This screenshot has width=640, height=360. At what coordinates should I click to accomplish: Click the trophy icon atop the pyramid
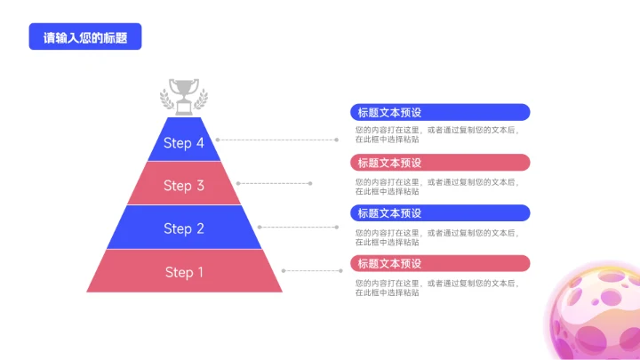click(x=184, y=96)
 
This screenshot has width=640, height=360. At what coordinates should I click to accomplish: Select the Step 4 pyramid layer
click(x=184, y=143)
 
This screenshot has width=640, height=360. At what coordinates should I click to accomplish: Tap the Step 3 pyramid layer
click(x=184, y=185)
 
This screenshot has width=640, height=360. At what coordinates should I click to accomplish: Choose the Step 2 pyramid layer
click(x=184, y=228)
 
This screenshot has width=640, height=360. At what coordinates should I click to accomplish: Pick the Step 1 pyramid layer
click(x=184, y=272)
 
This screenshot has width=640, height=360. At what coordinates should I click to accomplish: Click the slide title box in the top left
click(x=85, y=37)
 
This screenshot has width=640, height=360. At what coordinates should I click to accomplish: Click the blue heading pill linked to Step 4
click(x=440, y=112)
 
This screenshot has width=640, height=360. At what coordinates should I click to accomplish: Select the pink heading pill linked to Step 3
click(x=440, y=163)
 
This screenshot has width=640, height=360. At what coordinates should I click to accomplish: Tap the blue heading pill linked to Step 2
click(x=440, y=213)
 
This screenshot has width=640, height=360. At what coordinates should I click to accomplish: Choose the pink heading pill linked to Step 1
click(x=440, y=263)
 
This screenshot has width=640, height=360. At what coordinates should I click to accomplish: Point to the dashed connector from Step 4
click(x=276, y=140)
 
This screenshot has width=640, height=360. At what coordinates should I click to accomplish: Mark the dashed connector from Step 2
click(x=298, y=227)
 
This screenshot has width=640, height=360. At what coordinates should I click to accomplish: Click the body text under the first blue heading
click(x=436, y=134)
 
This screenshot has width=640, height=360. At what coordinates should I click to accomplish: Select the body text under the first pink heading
click(x=436, y=186)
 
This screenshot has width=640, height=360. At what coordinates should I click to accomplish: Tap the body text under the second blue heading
click(x=436, y=236)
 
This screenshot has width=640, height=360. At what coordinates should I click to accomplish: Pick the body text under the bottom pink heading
click(x=436, y=287)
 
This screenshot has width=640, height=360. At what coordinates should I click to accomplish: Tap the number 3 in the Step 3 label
click(x=200, y=186)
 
